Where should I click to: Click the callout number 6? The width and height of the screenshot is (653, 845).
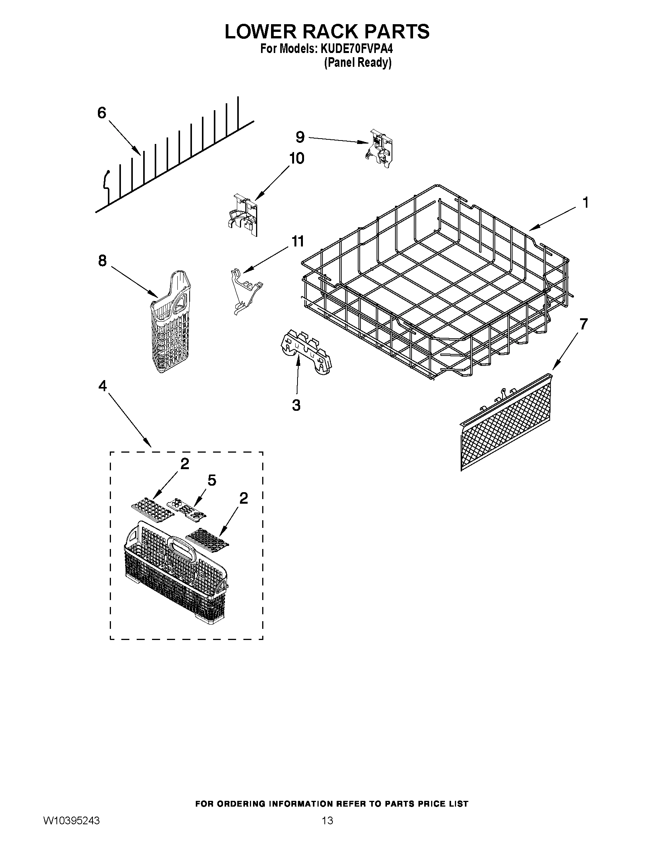[x=101, y=113]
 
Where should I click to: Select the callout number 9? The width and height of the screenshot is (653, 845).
[x=300, y=137]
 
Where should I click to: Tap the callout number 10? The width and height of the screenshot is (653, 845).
[x=297, y=158]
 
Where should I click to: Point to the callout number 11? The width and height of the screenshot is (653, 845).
[x=297, y=241]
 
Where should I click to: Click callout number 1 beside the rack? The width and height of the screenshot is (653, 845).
[x=585, y=203]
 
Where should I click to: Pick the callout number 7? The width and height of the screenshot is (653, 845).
[x=583, y=324]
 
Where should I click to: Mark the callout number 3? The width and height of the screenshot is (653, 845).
[x=296, y=405]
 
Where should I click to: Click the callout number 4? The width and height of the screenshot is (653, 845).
[x=102, y=386]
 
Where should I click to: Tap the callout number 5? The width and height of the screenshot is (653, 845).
[x=212, y=480]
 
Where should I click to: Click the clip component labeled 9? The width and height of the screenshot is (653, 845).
[x=380, y=149]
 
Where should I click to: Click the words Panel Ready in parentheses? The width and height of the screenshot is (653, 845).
[x=357, y=63]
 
